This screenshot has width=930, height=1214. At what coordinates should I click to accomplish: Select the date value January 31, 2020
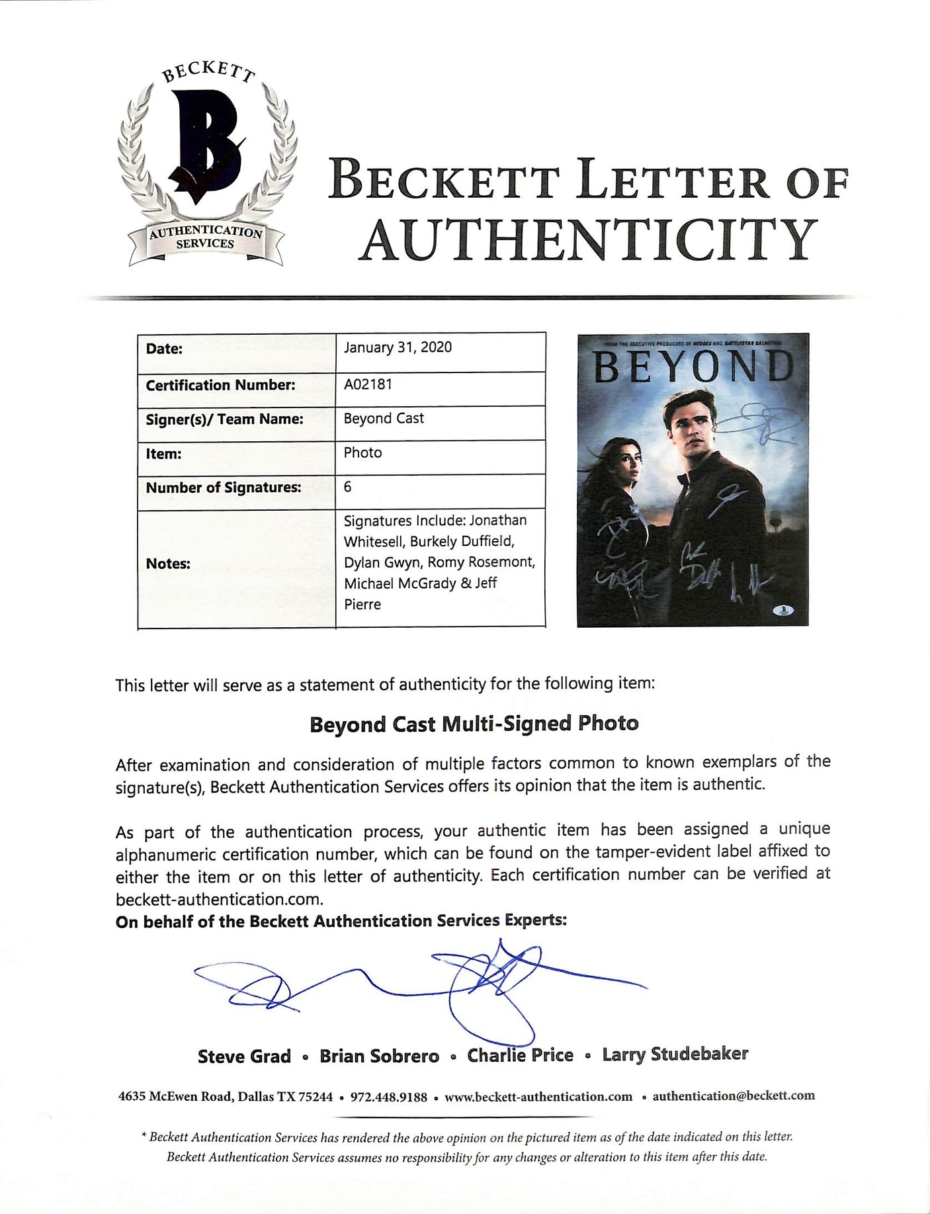point(398,348)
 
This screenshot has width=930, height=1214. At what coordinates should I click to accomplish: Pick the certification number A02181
point(368,384)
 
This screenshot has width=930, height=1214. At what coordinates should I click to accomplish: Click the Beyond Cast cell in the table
point(384,418)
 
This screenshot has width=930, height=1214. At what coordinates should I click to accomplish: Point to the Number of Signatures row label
point(223,488)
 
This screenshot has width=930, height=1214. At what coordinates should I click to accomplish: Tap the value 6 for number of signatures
point(348,487)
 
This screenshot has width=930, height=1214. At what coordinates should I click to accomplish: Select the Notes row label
point(168,564)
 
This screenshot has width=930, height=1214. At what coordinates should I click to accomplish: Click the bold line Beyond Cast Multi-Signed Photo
point(474,724)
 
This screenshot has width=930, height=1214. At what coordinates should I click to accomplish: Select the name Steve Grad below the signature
point(244,1056)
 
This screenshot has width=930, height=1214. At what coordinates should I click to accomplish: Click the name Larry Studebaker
point(675,1054)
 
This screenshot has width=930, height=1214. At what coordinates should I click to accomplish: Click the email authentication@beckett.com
point(734,1096)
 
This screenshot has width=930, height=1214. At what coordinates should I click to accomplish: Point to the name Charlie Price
point(520,1055)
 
